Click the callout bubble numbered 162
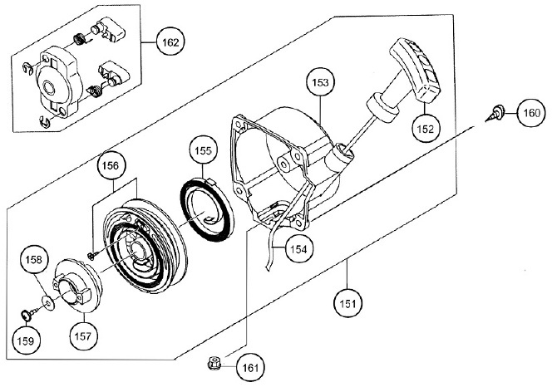(170, 42)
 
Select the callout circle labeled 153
(320, 82)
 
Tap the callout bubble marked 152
(426, 129)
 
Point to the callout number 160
(531, 113)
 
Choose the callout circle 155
(203, 150)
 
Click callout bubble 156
(111, 165)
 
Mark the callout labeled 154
(299, 249)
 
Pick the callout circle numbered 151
(347, 303)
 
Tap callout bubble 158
(34, 260)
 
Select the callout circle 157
(83, 336)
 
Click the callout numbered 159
(25, 340)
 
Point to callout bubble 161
(250, 368)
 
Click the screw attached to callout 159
(29, 312)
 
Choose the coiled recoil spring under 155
(207, 209)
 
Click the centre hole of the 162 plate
(48, 87)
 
